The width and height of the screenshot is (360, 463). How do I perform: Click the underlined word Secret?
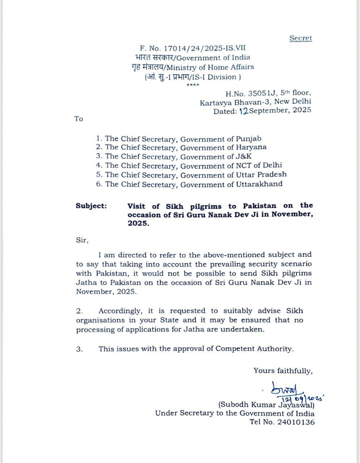click(300, 38)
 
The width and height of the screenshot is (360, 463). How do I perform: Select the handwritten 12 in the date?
click(243, 111)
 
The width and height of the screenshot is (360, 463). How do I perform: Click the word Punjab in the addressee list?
click(249, 139)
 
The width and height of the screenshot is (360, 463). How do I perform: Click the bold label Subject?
click(91, 206)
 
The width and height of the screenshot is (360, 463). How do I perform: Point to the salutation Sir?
click(82, 240)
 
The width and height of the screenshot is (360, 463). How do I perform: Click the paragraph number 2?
click(80, 311)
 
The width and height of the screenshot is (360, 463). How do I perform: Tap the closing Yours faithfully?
click(283, 371)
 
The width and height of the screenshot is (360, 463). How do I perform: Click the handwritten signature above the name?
click(284, 390)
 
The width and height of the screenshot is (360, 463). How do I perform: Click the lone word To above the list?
click(79, 119)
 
